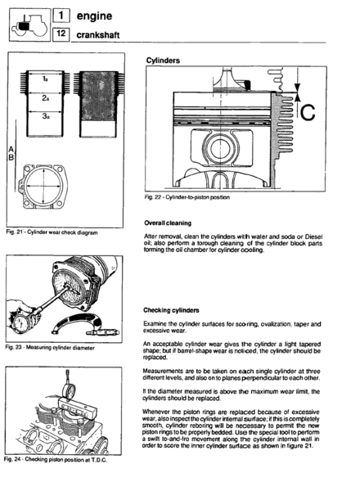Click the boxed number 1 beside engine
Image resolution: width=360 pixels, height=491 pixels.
[61, 16]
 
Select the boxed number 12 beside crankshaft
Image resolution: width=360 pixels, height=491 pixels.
[61, 34]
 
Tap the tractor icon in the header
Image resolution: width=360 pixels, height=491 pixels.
[29, 25]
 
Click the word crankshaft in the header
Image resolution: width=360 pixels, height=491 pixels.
[97, 34]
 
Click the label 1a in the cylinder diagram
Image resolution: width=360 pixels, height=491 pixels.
[45, 79]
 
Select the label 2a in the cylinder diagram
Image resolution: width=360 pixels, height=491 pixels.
[45, 98]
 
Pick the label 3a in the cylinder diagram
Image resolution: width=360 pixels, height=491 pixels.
[46, 116]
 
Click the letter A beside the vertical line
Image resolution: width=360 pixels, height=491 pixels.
[11, 149]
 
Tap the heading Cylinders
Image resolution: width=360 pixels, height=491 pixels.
[163, 61]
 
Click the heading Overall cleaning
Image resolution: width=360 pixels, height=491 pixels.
[168, 223]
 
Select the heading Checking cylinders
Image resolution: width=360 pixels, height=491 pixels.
[171, 310]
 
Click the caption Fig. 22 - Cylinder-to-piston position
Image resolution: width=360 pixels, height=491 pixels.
[187, 197]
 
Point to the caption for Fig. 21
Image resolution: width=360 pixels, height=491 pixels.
[52, 232]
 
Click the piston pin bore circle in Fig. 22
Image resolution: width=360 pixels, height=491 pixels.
[220, 148]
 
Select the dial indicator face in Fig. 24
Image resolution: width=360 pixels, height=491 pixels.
[70, 390]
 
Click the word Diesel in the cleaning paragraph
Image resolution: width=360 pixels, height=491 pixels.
[313, 236]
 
